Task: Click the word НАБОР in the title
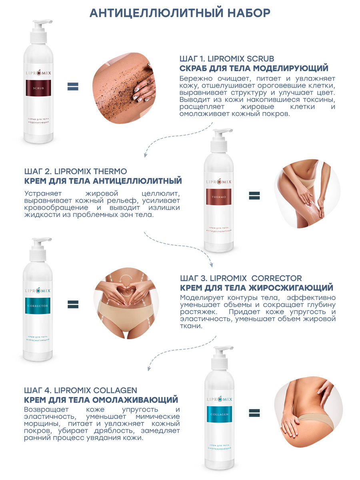(x=249, y=13)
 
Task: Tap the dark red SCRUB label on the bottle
(x=38, y=88)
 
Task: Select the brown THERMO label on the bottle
(x=218, y=197)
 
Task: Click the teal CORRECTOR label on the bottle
(x=38, y=306)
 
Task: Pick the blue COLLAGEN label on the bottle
(x=220, y=414)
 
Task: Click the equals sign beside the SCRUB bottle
(x=73, y=86)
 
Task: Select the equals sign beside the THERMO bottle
(x=254, y=196)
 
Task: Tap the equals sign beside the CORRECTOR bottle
(x=73, y=304)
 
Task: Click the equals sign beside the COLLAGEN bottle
(x=254, y=413)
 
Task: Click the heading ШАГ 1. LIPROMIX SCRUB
(x=227, y=59)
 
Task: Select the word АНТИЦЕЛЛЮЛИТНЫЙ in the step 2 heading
(x=137, y=181)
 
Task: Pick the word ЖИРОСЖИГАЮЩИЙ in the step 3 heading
(x=291, y=288)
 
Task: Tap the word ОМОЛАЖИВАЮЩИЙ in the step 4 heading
(x=135, y=400)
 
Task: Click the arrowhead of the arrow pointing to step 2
(x=145, y=156)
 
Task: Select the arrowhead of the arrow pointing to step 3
(x=211, y=265)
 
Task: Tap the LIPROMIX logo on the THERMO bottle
(x=218, y=182)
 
